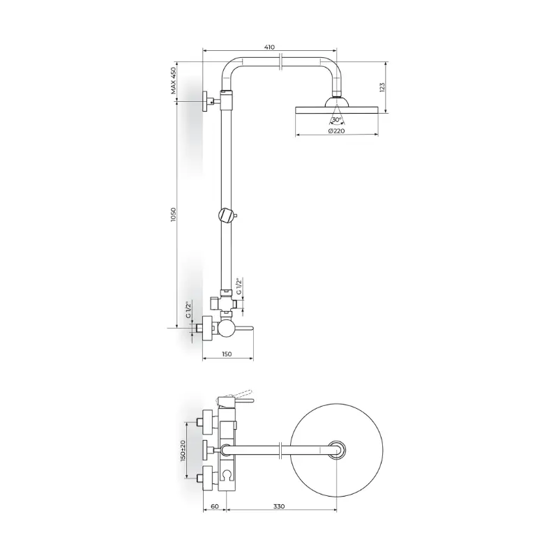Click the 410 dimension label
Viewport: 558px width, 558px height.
coord(270,47)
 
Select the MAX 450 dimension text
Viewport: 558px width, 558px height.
coord(173,80)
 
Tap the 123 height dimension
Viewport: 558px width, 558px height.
coord(382,87)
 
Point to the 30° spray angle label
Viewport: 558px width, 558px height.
coord(337,119)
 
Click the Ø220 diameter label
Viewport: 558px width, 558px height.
coord(337,130)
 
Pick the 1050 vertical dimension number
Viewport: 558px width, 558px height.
coord(173,215)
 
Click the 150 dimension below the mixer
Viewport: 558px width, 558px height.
coord(227,354)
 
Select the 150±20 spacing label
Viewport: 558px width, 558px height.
coord(183,451)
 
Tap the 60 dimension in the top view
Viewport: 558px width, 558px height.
coord(215,506)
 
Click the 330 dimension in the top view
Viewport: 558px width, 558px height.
coord(279,506)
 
